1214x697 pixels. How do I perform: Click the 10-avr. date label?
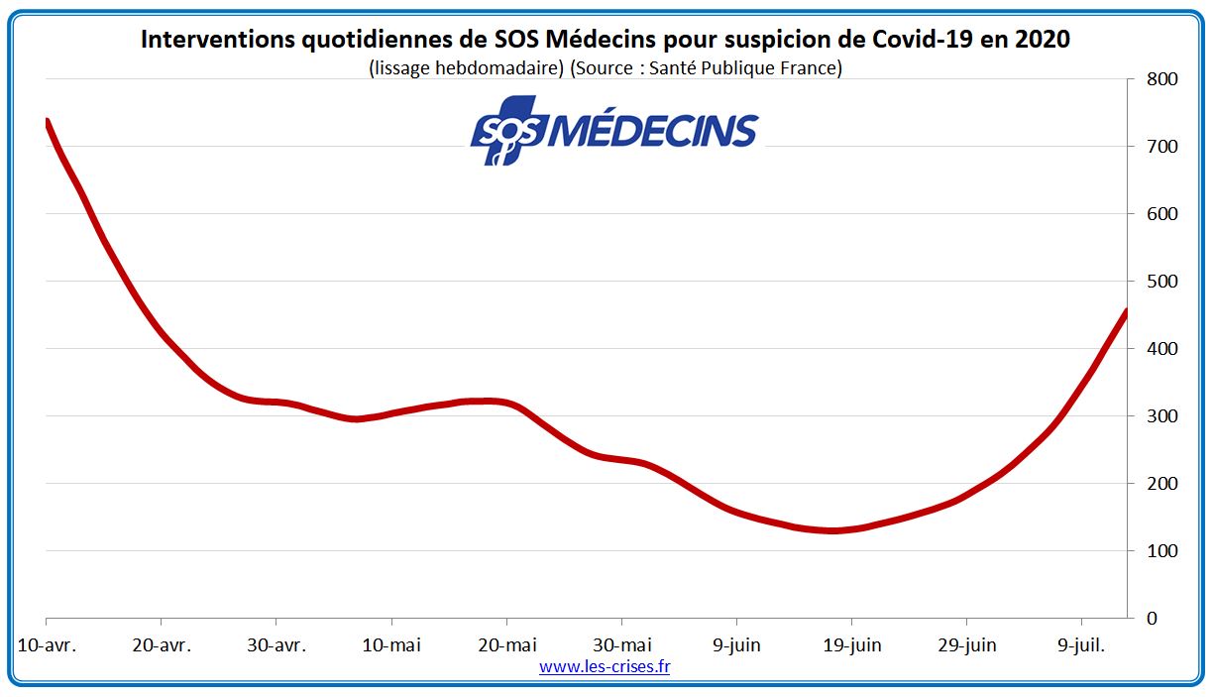pos(47,645)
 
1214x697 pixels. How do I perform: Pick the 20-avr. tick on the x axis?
pos(162,645)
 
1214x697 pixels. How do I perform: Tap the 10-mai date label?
pos(391,645)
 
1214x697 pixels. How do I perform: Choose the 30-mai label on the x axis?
pos(621,645)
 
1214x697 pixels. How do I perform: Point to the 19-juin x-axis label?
pos(851,645)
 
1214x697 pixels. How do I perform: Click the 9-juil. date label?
pos(1081,645)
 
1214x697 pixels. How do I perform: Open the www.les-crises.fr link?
pos(605,667)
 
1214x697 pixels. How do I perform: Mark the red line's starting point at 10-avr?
pos(47,122)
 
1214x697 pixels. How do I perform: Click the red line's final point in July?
pos(1127,311)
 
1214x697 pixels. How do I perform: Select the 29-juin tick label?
pos(966,645)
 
